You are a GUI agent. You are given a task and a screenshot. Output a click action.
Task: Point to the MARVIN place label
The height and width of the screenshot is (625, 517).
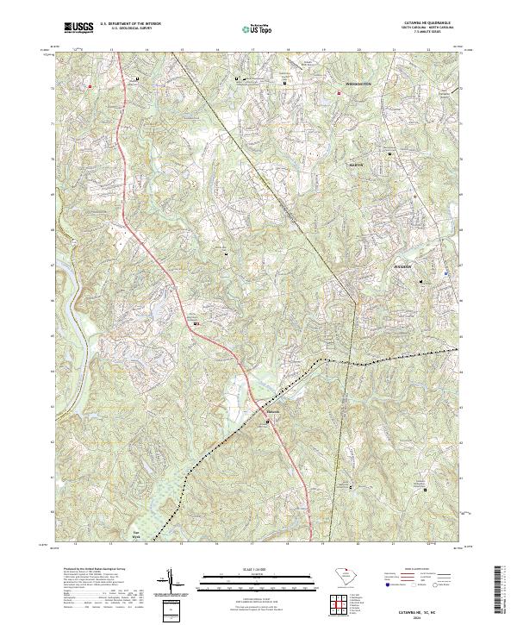[356, 164]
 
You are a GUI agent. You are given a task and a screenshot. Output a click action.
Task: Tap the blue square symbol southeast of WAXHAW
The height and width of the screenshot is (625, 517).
[445, 272]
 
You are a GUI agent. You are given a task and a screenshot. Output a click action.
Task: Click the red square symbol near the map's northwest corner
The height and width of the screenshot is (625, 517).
[89, 86]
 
